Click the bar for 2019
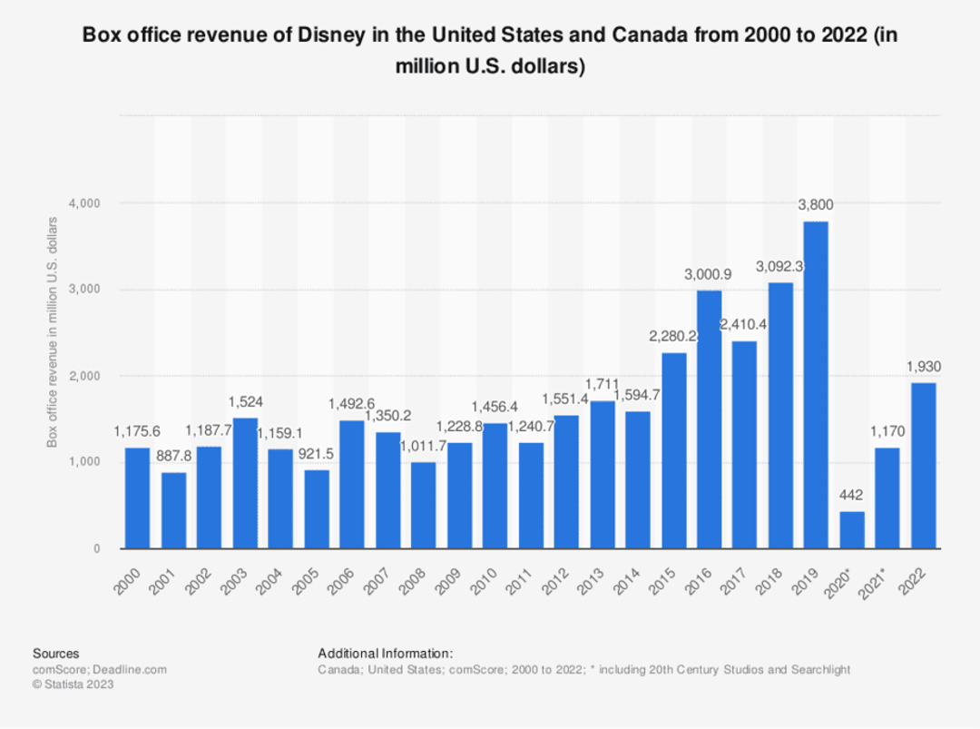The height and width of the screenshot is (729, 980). [x=815, y=385]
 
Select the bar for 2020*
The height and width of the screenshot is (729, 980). [x=851, y=529]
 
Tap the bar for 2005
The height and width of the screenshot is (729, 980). [x=316, y=508]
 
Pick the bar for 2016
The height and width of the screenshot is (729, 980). [x=709, y=419]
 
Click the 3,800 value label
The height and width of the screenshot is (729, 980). [x=815, y=205]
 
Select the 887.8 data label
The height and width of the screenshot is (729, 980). [x=172, y=457]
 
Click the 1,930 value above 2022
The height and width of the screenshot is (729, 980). [x=923, y=367]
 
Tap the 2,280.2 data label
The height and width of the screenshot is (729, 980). [x=672, y=337]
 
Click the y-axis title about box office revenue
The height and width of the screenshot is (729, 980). [x=54, y=332]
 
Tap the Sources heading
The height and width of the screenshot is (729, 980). [x=55, y=653]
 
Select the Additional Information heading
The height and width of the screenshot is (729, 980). [x=385, y=653]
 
